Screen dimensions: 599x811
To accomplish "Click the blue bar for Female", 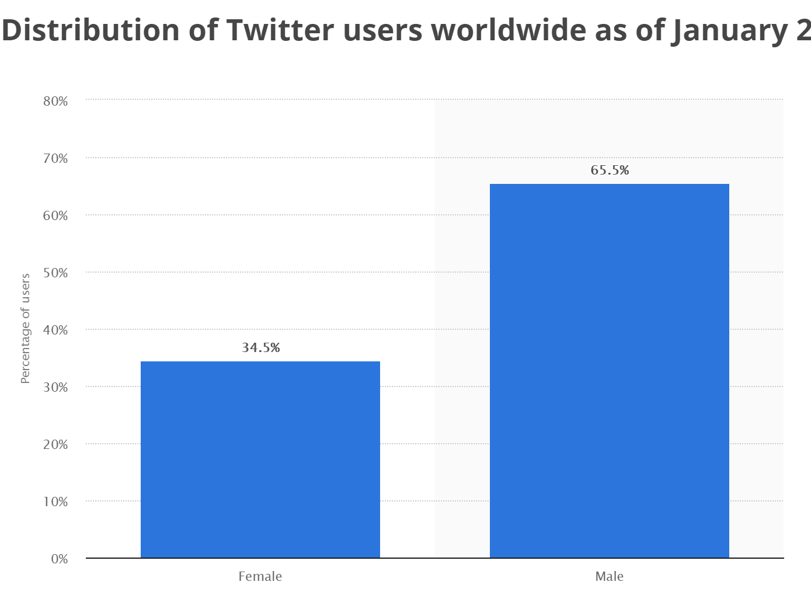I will pos(260,459).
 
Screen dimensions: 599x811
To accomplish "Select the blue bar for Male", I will pos(609,371).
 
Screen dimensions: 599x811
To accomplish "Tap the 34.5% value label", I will pos(261,348).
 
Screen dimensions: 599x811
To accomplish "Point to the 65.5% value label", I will pos(610,170).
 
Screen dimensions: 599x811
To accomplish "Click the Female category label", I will pos(260,577).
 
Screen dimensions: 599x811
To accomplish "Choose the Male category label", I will pos(609,577).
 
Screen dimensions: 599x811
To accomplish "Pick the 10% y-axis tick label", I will pos(55,502).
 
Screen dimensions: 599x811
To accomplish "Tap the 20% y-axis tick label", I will pos(55,445).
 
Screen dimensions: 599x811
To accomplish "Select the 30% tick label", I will pos(55,388).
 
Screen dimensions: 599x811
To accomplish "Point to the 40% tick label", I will pos(55,330).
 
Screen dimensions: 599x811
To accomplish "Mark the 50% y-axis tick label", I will pos(55,273).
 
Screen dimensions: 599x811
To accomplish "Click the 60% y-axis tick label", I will pos(55,216).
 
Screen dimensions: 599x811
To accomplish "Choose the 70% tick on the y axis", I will pos(55,159).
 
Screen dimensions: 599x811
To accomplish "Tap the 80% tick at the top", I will pos(55,102).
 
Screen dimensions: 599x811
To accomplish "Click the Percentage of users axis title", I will pos(26,328).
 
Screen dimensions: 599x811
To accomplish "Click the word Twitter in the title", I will pos(280,30).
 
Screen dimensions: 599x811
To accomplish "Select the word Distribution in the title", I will pos(91,30).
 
